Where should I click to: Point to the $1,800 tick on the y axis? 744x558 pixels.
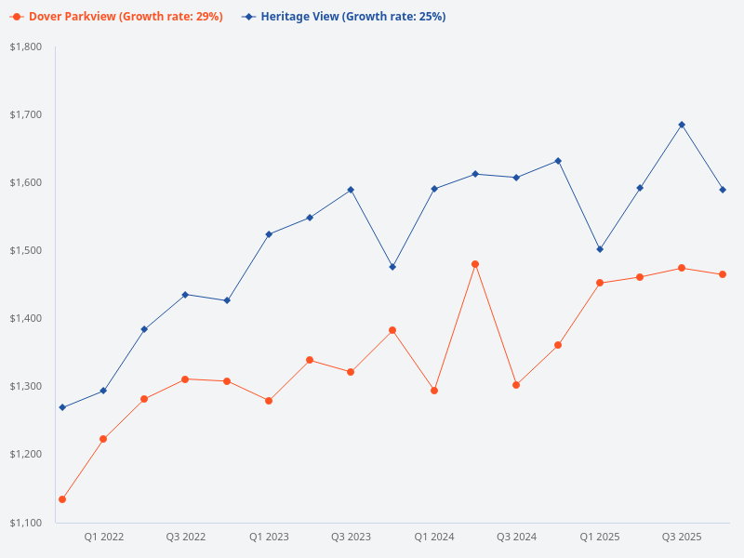tap(26, 46)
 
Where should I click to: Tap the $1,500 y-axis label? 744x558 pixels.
tap(26, 250)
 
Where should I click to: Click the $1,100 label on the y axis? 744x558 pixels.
tap(26, 523)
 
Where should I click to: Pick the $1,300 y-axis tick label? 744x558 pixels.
tap(26, 386)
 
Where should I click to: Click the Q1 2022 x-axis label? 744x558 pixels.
tap(103, 537)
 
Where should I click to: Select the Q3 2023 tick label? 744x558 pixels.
tap(351, 537)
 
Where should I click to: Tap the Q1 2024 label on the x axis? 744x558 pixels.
tap(433, 537)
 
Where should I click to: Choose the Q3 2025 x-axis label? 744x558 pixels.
tap(682, 537)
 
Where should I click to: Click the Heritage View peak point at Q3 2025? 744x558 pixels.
tap(682, 125)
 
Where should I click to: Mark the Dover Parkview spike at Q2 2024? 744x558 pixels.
tap(475, 264)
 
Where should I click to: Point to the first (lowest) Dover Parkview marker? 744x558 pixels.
tap(62, 499)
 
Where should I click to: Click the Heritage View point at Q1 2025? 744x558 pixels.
tap(600, 249)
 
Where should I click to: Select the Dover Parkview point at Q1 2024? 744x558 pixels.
tap(433, 391)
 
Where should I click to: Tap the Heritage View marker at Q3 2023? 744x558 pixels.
tap(351, 190)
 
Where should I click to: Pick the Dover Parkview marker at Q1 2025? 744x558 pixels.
tap(600, 283)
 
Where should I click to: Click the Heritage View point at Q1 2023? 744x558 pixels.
tap(269, 234)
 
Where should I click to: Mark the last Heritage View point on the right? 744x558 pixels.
tap(723, 190)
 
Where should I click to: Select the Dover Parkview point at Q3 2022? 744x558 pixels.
tap(185, 379)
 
